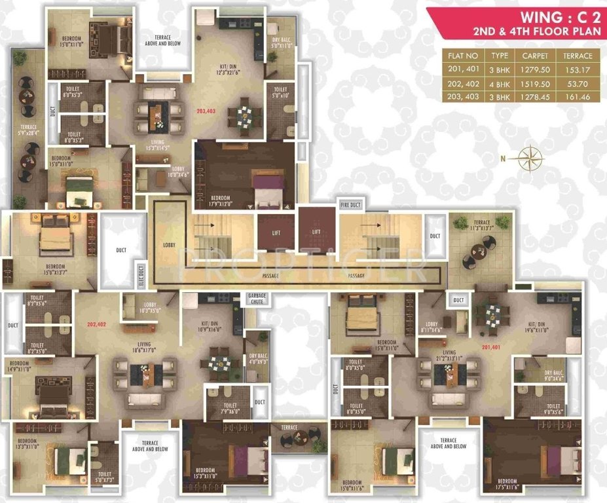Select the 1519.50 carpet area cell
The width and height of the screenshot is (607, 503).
(x=534, y=84)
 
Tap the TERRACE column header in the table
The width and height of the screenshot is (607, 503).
(x=578, y=56)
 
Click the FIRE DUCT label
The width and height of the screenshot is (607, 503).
(x=351, y=206)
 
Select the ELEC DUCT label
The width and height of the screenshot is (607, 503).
(x=139, y=273)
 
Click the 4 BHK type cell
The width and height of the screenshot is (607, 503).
(x=500, y=84)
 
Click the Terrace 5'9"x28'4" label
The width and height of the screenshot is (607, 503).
(x=28, y=129)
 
